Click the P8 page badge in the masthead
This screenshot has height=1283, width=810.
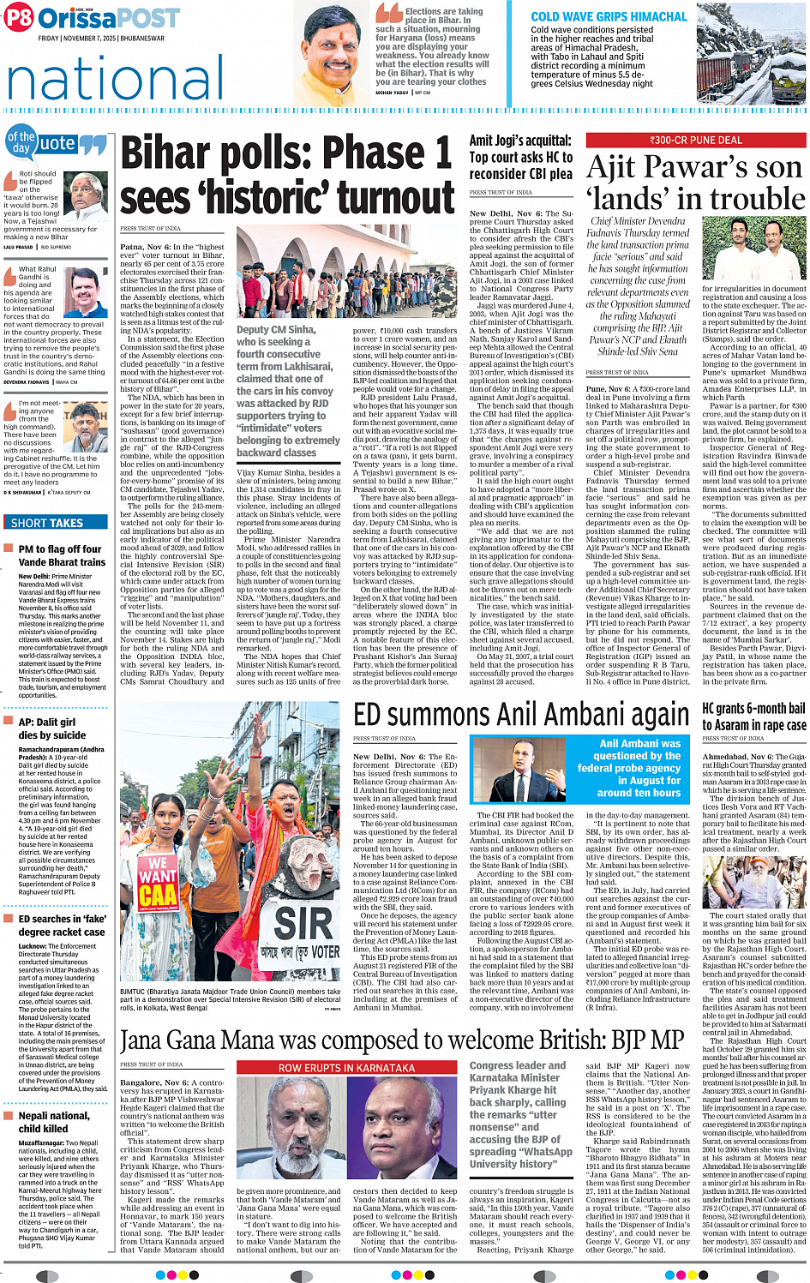point(19,17)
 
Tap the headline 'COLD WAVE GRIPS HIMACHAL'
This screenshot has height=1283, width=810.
point(609,16)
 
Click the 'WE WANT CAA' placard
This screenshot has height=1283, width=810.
point(158,883)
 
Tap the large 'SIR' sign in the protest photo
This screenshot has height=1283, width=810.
point(303,922)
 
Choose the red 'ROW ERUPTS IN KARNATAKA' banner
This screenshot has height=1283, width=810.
point(346,1068)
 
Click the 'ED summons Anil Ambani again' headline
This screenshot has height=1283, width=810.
point(521,715)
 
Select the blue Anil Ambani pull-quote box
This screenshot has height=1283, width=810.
point(639,769)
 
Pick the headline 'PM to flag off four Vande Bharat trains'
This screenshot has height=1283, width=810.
point(62,555)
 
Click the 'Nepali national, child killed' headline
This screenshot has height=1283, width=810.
point(54,1122)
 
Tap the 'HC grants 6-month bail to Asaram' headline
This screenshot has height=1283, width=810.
point(753,716)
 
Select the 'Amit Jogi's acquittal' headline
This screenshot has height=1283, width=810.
point(520,157)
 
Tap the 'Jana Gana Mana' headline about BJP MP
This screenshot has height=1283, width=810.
point(402,1041)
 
